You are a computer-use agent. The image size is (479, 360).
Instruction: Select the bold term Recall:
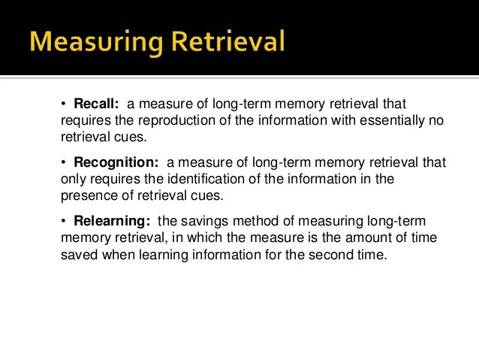(97, 103)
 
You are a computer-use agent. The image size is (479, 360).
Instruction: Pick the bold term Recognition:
(116, 162)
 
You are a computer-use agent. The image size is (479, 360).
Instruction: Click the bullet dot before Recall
(65, 103)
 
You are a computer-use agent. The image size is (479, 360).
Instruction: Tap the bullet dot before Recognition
(65, 162)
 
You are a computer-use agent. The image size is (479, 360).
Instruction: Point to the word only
(75, 179)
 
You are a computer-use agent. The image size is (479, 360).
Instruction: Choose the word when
(115, 254)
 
